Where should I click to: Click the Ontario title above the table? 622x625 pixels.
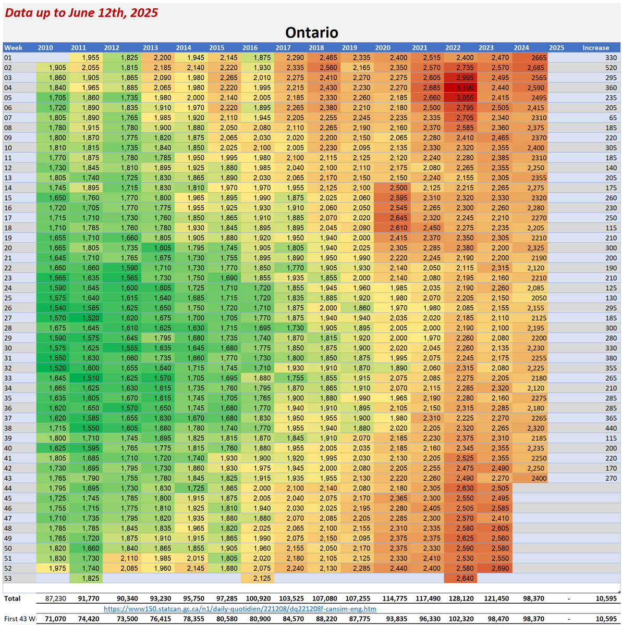(312, 32)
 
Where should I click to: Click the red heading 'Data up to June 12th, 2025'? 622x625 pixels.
(81, 12)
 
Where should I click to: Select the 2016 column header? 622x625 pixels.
(250, 47)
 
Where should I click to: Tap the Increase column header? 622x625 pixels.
(595, 47)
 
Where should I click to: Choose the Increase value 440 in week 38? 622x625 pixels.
(610, 428)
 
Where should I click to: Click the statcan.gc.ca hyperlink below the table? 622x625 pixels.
(240, 608)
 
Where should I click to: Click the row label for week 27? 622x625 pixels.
(8, 318)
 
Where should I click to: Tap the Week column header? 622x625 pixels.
(14, 47)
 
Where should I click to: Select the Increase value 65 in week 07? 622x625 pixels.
(612, 118)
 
